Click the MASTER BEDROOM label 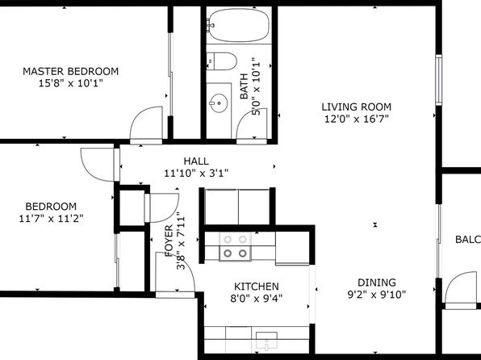[x=70, y=71]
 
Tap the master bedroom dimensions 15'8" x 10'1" [x=70, y=83]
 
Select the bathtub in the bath [x=239, y=25]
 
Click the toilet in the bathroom [x=221, y=61]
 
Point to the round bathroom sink [x=219, y=103]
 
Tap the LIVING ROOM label [x=357, y=107]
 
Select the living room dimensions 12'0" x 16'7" [x=357, y=119]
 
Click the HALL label [x=196, y=161]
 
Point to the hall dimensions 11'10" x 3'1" [x=196, y=174]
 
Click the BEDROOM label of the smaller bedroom [x=51, y=207]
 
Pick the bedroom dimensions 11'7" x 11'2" [x=51, y=219]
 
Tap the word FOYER [x=169, y=241]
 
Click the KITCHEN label [x=257, y=287]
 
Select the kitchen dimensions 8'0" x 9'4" [x=257, y=298]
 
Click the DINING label [x=377, y=283]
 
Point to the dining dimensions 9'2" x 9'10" [x=377, y=295]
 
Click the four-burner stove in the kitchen [x=235, y=246]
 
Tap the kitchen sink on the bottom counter [x=266, y=341]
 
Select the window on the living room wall [x=439, y=80]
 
